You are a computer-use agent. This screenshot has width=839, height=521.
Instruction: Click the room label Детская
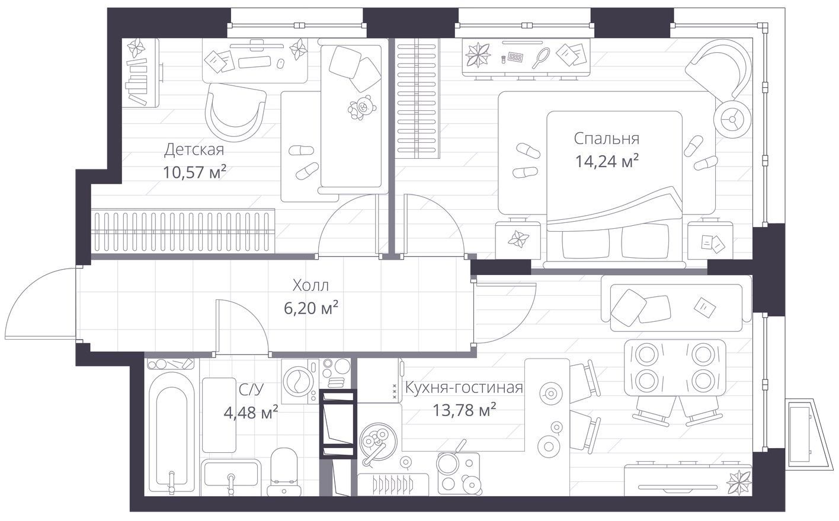pos(194,150)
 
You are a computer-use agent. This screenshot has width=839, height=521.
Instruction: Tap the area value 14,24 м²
pos(607,161)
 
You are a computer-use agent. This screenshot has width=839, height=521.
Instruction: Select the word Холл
pos(310,286)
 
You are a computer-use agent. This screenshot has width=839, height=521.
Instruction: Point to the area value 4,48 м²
pos(251,413)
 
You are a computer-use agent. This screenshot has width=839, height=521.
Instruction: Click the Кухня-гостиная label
pos(464,387)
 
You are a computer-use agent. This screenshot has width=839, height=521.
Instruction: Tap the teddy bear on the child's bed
pos(362,107)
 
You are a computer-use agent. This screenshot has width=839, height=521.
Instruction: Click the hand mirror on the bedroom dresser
pos(541,57)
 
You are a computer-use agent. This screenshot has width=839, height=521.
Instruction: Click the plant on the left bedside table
pos(518,239)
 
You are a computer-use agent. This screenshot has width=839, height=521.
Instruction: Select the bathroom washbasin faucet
pos(231,483)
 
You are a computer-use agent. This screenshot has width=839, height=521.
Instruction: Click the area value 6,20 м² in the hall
pos(311,309)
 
